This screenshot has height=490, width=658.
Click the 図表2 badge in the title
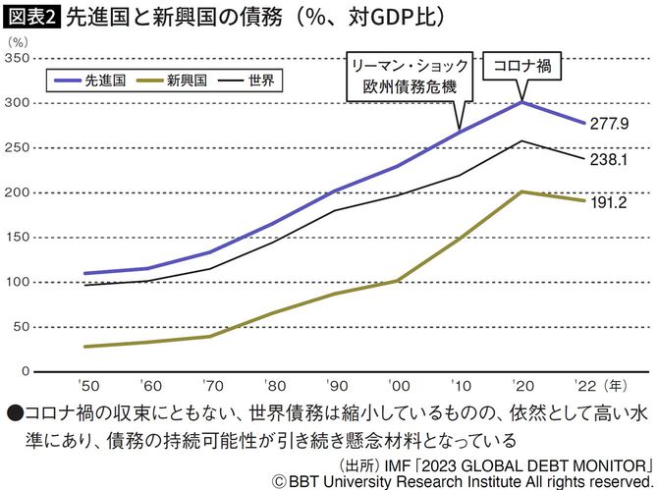click(32, 17)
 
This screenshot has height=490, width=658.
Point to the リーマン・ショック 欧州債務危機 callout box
click(408, 79)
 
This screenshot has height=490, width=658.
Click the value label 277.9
click(610, 124)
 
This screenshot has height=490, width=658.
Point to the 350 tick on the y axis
click(17, 58)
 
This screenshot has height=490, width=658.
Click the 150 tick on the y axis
click(17, 238)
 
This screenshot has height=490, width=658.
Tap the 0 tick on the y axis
click(25, 372)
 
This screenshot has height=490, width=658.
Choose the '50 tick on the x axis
click(88, 387)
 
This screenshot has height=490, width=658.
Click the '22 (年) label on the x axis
click(596, 387)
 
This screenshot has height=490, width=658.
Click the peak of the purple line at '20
click(521, 102)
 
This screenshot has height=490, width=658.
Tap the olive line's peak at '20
click(521, 191)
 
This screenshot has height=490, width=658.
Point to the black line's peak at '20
click(521, 140)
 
